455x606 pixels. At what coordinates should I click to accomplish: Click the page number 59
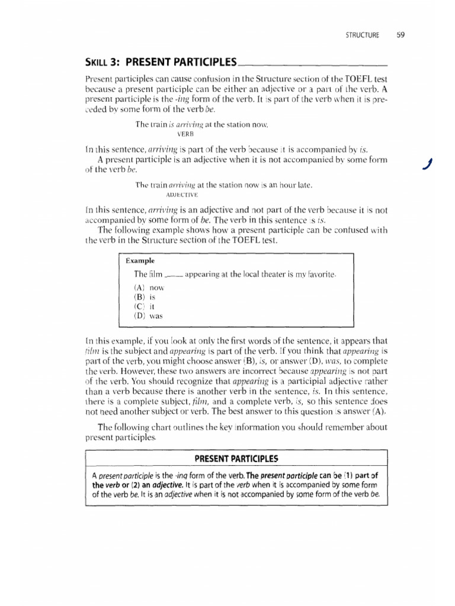(x=400, y=34)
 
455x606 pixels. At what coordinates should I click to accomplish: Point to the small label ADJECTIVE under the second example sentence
(x=182, y=194)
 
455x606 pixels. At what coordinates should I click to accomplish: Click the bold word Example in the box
(x=140, y=260)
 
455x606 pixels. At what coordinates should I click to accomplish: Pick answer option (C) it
(x=145, y=306)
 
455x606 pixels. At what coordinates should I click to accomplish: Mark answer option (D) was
(x=148, y=315)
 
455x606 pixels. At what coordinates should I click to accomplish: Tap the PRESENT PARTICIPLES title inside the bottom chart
(x=236, y=459)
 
